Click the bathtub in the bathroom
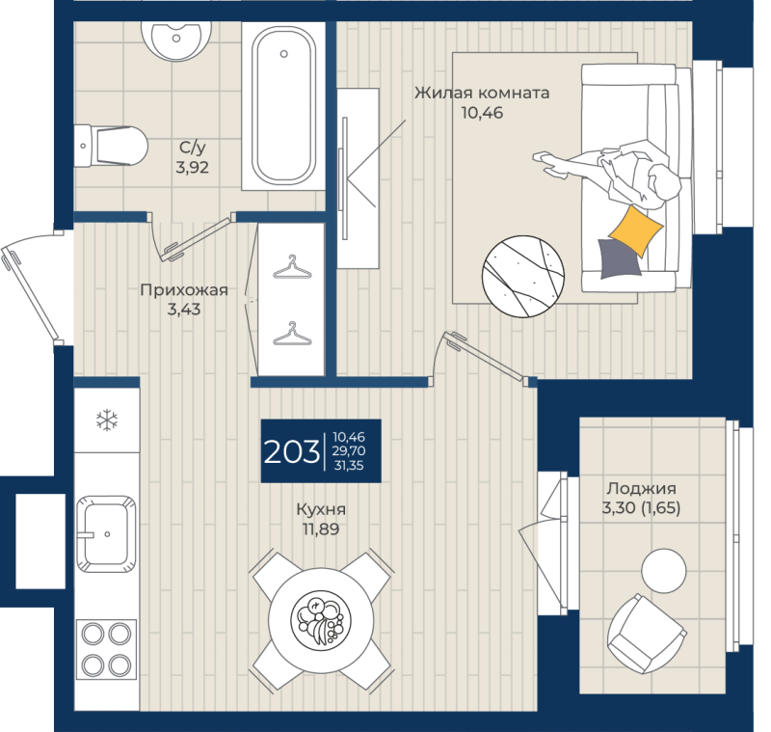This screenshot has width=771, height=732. [283, 106]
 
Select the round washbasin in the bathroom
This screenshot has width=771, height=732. [176, 39]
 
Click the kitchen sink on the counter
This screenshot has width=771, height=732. [106, 534]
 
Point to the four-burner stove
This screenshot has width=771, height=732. [106, 649]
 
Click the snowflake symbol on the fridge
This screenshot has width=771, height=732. [107, 420]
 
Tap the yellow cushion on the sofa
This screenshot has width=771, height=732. [636, 230]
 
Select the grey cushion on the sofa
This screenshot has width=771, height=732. [620, 258]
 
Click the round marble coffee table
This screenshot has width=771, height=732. [523, 277]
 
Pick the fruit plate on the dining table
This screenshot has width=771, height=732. [321, 619]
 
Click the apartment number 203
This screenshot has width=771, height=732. [292, 451]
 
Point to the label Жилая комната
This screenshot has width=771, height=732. [482, 93]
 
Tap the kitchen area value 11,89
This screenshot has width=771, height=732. [321, 529]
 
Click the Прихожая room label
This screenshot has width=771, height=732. [184, 289]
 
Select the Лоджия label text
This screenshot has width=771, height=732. [641, 488]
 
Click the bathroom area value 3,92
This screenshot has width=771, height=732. [192, 167]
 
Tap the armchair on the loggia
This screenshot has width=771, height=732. [646, 634]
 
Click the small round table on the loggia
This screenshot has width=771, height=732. [663, 571]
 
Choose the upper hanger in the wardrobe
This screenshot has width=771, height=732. [292, 267]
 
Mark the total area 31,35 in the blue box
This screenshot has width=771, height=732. [349, 466]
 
